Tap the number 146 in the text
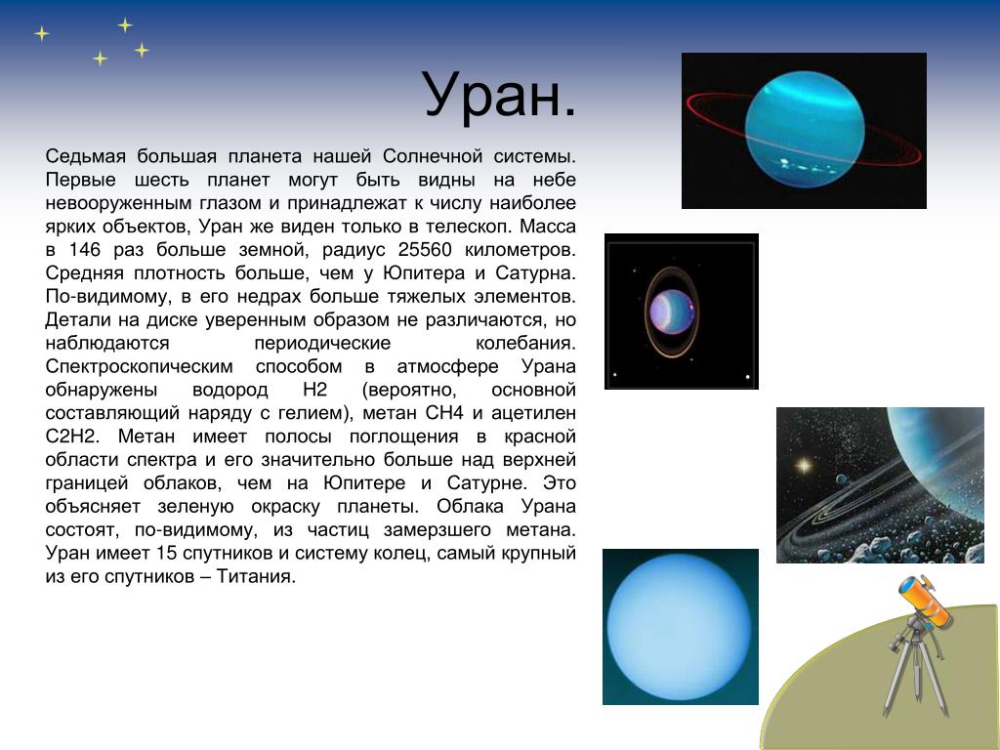click(85, 249)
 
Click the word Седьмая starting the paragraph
click(86, 156)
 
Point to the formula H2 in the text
click(315, 390)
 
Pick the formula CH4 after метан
click(444, 413)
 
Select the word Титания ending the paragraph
click(256, 576)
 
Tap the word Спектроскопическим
click(139, 367)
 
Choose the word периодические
click(322, 343)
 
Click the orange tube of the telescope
click(925, 601)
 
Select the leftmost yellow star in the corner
click(41, 33)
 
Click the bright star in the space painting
click(805, 466)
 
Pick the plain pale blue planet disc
click(680, 627)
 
